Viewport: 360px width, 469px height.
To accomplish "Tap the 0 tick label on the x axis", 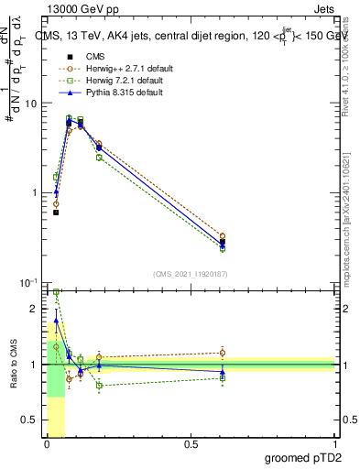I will coord(46,444).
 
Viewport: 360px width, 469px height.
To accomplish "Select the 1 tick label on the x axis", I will coord(334,444).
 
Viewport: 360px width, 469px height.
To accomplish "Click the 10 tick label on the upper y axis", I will coord(30,103).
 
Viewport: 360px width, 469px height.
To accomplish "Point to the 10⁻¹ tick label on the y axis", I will coord(27,282).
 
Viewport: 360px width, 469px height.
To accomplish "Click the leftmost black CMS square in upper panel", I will coord(56,213).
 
